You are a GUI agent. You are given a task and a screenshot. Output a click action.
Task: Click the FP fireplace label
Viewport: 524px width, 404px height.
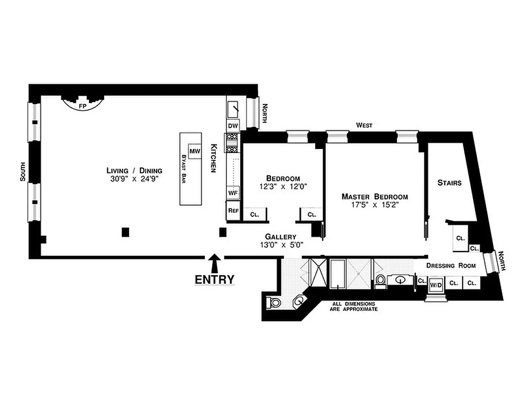pos(82,107)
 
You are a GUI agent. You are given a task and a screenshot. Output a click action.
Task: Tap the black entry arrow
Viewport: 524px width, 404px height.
pos(214,263)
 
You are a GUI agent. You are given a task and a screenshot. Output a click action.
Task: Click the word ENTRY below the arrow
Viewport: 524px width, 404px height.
pos(214,279)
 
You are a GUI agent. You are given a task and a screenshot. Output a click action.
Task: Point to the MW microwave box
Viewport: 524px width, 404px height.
pos(195,151)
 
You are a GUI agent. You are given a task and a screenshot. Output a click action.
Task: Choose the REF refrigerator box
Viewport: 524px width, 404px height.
pos(233,211)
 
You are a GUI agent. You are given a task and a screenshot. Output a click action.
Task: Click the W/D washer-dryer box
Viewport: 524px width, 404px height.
pos(435,284)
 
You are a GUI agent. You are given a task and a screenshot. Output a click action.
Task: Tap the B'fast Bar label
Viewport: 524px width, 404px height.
pos(183,169)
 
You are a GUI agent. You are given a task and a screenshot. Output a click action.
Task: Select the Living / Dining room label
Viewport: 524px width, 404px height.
pos(134,170)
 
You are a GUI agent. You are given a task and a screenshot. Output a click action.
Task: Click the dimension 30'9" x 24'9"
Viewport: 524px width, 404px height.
pos(134,179)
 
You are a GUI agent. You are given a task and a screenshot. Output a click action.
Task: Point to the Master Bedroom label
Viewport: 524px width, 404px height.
pos(374,196)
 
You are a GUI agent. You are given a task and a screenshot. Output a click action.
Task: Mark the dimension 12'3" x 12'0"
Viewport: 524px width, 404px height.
pos(283,186)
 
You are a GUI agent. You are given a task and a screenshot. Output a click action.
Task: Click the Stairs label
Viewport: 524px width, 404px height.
pos(449,183)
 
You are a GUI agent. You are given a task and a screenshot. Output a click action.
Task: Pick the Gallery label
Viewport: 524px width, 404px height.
pos(281,236)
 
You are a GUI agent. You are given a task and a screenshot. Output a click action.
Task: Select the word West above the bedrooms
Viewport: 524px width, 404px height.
pos(364,125)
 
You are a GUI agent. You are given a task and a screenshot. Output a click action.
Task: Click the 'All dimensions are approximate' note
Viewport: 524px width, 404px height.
pos(354,306)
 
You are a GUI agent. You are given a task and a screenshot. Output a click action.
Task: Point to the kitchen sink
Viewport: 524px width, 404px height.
pos(233,109)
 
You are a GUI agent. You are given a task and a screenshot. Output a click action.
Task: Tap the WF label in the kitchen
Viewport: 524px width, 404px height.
pos(233,192)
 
